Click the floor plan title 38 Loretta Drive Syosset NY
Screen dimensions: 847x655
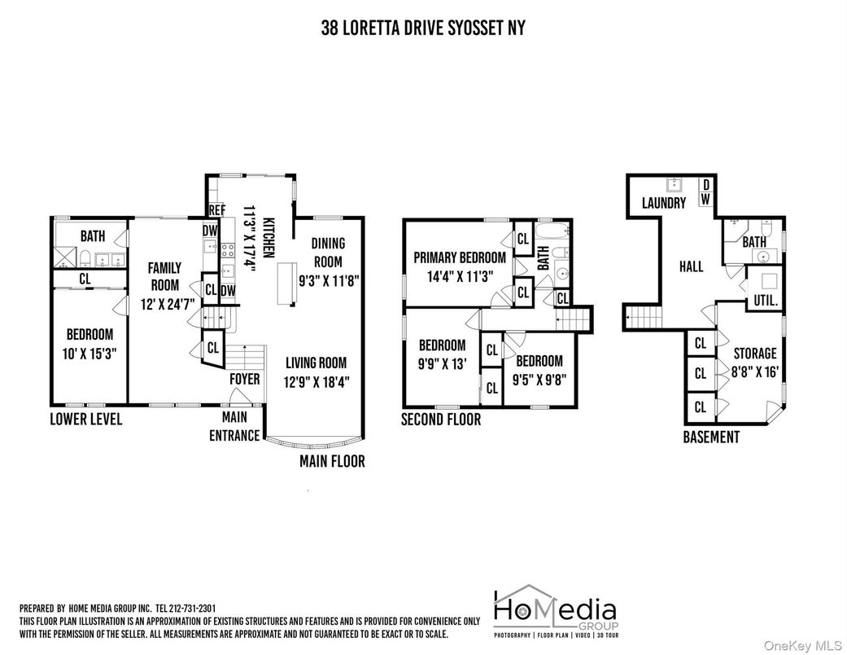pyautogui.click(x=423, y=28)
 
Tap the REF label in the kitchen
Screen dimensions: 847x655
pyautogui.click(x=216, y=210)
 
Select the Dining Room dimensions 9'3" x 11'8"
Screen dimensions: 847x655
pyautogui.click(x=329, y=281)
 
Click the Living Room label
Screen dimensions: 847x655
pyautogui.click(x=316, y=363)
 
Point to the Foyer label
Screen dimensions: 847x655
pyautogui.click(x=245, y=379)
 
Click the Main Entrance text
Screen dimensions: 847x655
pyautogui.click(x=234, y=426)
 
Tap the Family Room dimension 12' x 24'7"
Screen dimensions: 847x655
pyautogui.click(x=168, y=304)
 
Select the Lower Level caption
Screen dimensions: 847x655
pyautogui.click(x=86, y=420)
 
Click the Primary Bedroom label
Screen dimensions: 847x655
pyautogui.click(x=460, y=257)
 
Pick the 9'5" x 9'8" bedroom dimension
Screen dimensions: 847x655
pyautogui.click(x=539, y=380)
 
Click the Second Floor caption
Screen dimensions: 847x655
pyautogui.click(x=441, y=420)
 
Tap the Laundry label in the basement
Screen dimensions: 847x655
pyautogui.click(x=664, y=203)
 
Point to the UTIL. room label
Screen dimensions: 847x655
pyautogui.click(x=766, y=300)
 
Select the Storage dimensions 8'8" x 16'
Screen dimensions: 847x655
pyautogui.click(x=755, y=372)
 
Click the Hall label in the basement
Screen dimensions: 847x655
pyautogui.click(x=692, y=266)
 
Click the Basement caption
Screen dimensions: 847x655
pyautogui.click(x=711, y=437)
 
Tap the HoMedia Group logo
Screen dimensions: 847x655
pyautogui.click(x=556, y=611)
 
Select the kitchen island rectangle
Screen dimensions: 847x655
pyautogui.click(x=287, y=284)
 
